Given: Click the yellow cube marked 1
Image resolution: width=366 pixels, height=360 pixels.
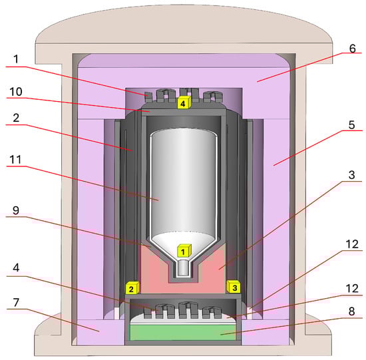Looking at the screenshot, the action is (184, 251).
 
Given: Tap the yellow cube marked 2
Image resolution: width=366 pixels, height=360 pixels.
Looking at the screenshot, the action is (132, 288).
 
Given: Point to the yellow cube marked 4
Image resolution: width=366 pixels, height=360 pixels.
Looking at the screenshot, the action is (184, 102).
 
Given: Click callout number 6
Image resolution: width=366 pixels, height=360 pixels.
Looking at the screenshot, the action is (352, 49).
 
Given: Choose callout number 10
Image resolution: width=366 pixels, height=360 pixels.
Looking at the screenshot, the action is (16, 92).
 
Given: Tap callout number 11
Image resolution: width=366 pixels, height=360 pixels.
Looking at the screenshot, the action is (15, 160).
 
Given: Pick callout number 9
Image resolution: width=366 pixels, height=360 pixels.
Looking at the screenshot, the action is (16, 210).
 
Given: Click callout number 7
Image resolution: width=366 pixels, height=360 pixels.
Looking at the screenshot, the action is (16, 302).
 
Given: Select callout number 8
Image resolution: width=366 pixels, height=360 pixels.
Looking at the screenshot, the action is (351, 311).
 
